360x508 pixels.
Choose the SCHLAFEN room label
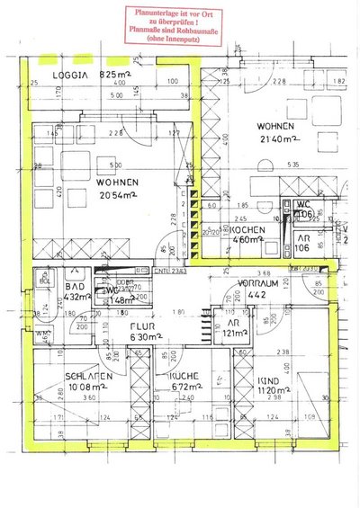tap(68, 377)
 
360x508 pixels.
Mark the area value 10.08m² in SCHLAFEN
tap(68, 389)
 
